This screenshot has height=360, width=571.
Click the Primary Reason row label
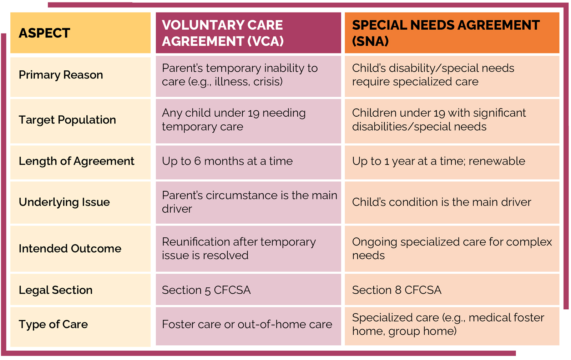click(61, 75)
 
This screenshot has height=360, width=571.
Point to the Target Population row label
click(67, 120)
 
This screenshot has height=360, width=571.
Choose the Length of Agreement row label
click(76, 161)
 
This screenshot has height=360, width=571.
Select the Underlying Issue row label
click(64, 202)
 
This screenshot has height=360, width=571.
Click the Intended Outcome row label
click(70, 249)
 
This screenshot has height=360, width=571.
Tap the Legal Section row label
click(56, 290)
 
